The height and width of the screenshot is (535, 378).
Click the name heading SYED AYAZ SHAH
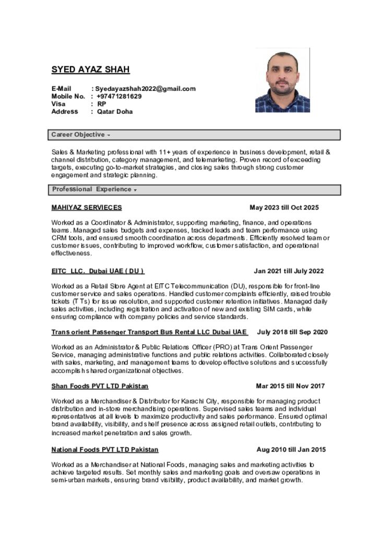tap(90, 69)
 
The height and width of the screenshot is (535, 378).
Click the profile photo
tap(282, 80)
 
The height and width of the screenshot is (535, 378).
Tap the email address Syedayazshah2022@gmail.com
tap(145, 89)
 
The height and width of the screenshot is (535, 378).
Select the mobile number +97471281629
tap(119, 96)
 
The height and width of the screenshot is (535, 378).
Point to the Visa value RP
tap(101, 104)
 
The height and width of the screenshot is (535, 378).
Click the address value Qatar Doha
tap(115, 111)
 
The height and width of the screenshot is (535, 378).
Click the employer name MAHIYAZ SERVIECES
tap(87, 207)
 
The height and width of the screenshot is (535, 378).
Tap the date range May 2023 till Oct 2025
tap(284, 207)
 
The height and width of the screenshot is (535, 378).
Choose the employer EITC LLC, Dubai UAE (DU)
tap(98, 271)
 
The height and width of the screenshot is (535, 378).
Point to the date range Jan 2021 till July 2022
tap(289, 271)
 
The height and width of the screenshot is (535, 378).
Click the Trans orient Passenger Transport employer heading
tap(149, 332)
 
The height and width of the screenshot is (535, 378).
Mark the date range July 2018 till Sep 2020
tap(292, 332)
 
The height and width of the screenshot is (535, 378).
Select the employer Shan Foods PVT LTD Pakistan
tap(100, 386)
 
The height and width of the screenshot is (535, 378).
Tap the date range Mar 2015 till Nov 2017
tap(290, 386)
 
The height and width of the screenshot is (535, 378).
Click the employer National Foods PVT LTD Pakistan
tap(105, 449)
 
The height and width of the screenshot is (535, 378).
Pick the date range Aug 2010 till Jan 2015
tap(291, 449)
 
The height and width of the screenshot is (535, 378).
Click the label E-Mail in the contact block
tap(61, 89)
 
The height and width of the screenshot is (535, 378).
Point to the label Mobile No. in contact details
tap(68, 96)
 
